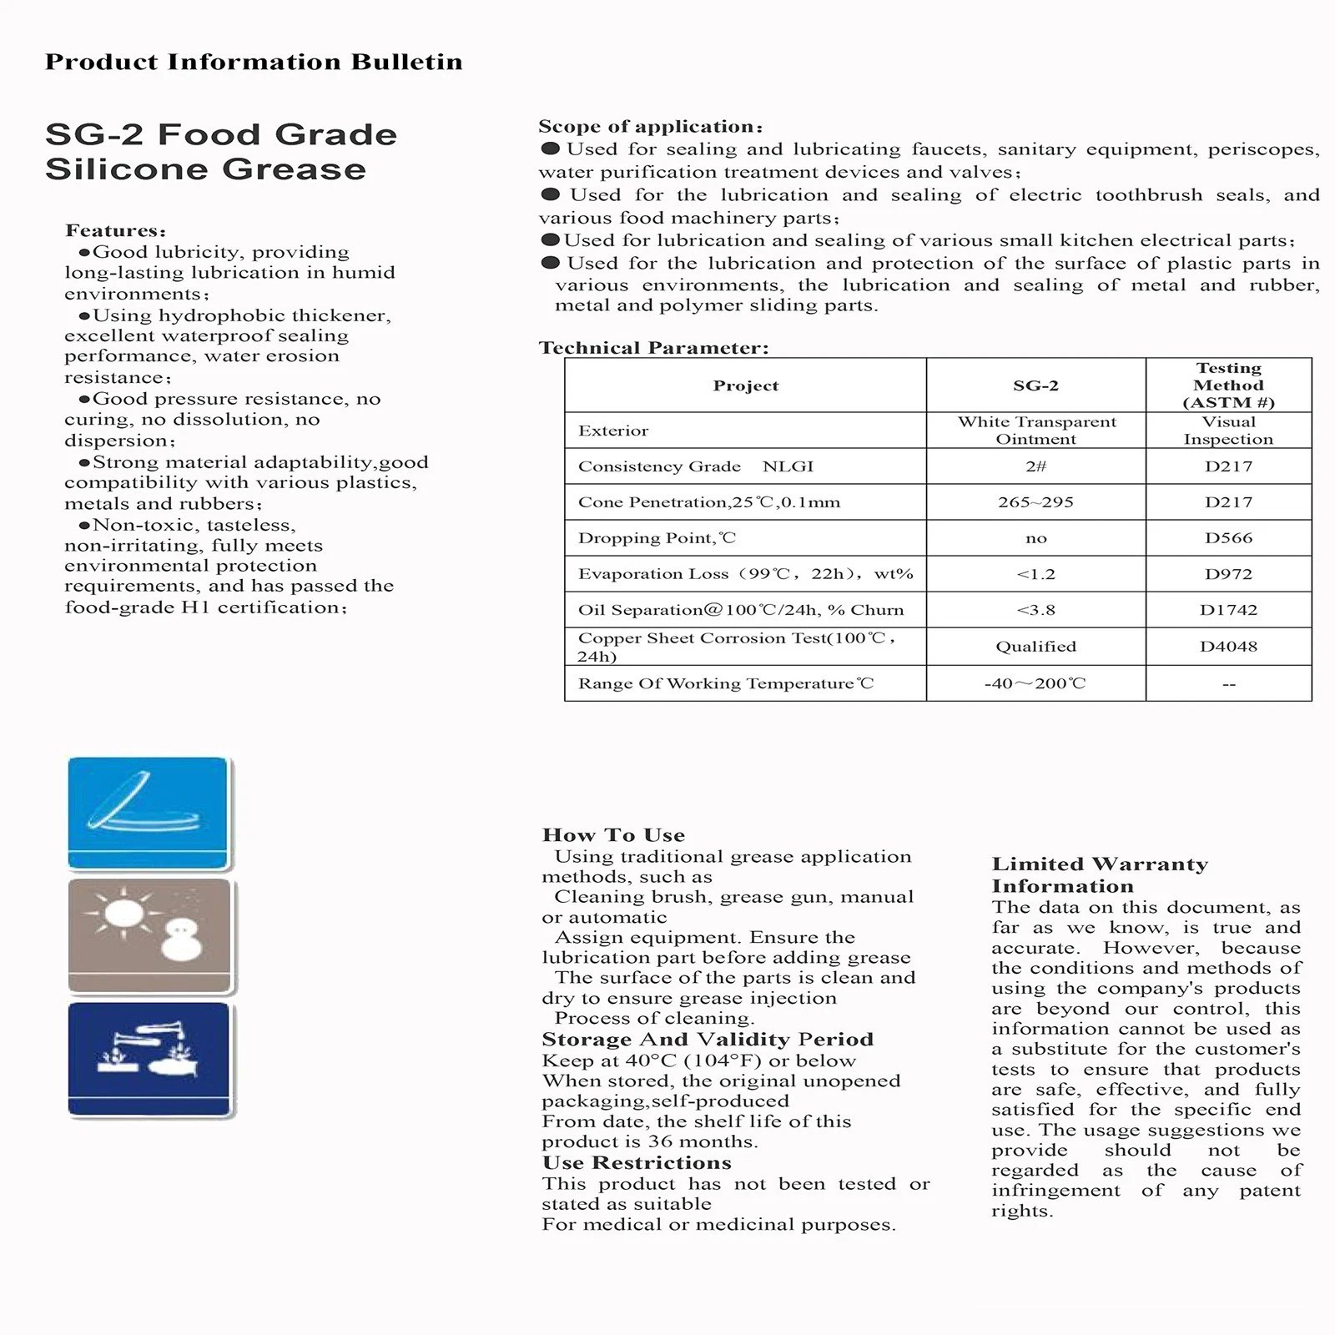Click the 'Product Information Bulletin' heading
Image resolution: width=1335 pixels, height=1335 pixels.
pyautogui.click(x=254, y=63)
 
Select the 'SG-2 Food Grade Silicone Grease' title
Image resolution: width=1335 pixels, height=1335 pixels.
pyautogui.click(x=220, y=152)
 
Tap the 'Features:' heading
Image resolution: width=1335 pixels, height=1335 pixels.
pyautogui.click(x=115, y=230)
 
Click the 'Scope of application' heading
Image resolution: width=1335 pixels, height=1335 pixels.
pyautogui.click(x=650, y=127)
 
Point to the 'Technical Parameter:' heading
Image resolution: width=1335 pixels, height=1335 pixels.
pyautogui.click(x=653, y=348)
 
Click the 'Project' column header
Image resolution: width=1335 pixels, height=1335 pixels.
pyautogui.click(x=745, y=385)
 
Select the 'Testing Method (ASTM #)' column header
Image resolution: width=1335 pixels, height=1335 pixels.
pyautogui.click(x=1228, y=385)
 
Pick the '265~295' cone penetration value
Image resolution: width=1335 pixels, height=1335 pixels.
pyautogui.click(x=1035, y=502)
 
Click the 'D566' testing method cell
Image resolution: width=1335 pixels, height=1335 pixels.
pyautogui.click(x=1228, y=538)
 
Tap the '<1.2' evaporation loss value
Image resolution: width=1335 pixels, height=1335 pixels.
pyautogui.click(x=1035, y=574)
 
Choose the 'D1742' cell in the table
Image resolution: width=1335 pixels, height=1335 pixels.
pyautogui.click(x=1228, y=610)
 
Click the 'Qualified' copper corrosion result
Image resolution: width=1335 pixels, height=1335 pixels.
pyautogui.click(x=1035, y=647)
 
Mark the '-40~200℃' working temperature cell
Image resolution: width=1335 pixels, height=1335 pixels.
pyautogui.click(x=1035, y=683)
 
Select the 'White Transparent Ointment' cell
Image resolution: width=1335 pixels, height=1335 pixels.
pyautogui.click(x=1035, y=431)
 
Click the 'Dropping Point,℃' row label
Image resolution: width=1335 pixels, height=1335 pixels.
pyautogui.click(x=657, y=538)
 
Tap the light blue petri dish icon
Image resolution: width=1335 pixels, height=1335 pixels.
pyautogui.click(x=148, y=813)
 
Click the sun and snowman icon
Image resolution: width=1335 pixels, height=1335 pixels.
pyautogui.click(x=149, y=935)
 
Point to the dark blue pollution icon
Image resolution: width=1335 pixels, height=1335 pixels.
pyautogui.click(x=149, y=1059)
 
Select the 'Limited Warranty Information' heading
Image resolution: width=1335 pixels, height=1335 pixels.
pyautogui.click(x=1100, y=875)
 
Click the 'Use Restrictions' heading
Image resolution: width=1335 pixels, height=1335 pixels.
pyautogui.click(x=636, y=1163)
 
